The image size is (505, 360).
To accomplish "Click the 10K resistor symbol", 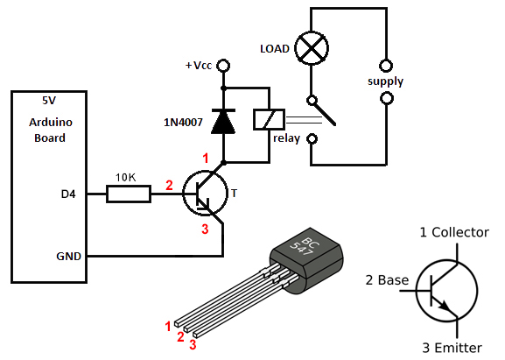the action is tap(129, 194).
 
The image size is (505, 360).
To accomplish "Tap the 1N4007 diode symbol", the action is tap(223, 122).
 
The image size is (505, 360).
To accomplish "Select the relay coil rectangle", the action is tap(269, 120).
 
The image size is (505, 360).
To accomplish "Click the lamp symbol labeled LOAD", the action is tap(312, 48).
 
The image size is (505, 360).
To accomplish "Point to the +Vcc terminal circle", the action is tap(223, 66).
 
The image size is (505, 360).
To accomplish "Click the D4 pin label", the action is tap(68, 194).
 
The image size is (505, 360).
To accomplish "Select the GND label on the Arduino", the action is tap(68, 257).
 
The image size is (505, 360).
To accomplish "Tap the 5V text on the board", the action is tap(49, 101).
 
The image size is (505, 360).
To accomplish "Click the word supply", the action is tap(385, 81).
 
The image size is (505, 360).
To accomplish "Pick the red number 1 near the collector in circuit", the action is tap(206, 159).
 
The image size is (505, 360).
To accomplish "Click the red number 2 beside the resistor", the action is tap(169, 186).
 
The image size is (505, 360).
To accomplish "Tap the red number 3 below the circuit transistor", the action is tap(205, 229).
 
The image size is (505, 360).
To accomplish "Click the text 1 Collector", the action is tap(454, 232).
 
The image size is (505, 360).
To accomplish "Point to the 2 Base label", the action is tap(387, 280).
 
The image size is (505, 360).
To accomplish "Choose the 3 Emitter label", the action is tap(452, 348).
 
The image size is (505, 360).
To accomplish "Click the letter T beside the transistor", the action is tap(235, 193).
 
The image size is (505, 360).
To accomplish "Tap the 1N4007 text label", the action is tap(183, 123).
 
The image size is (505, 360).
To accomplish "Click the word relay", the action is tap(287, 138).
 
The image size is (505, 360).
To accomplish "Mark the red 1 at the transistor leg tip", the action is tap(167, 327).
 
